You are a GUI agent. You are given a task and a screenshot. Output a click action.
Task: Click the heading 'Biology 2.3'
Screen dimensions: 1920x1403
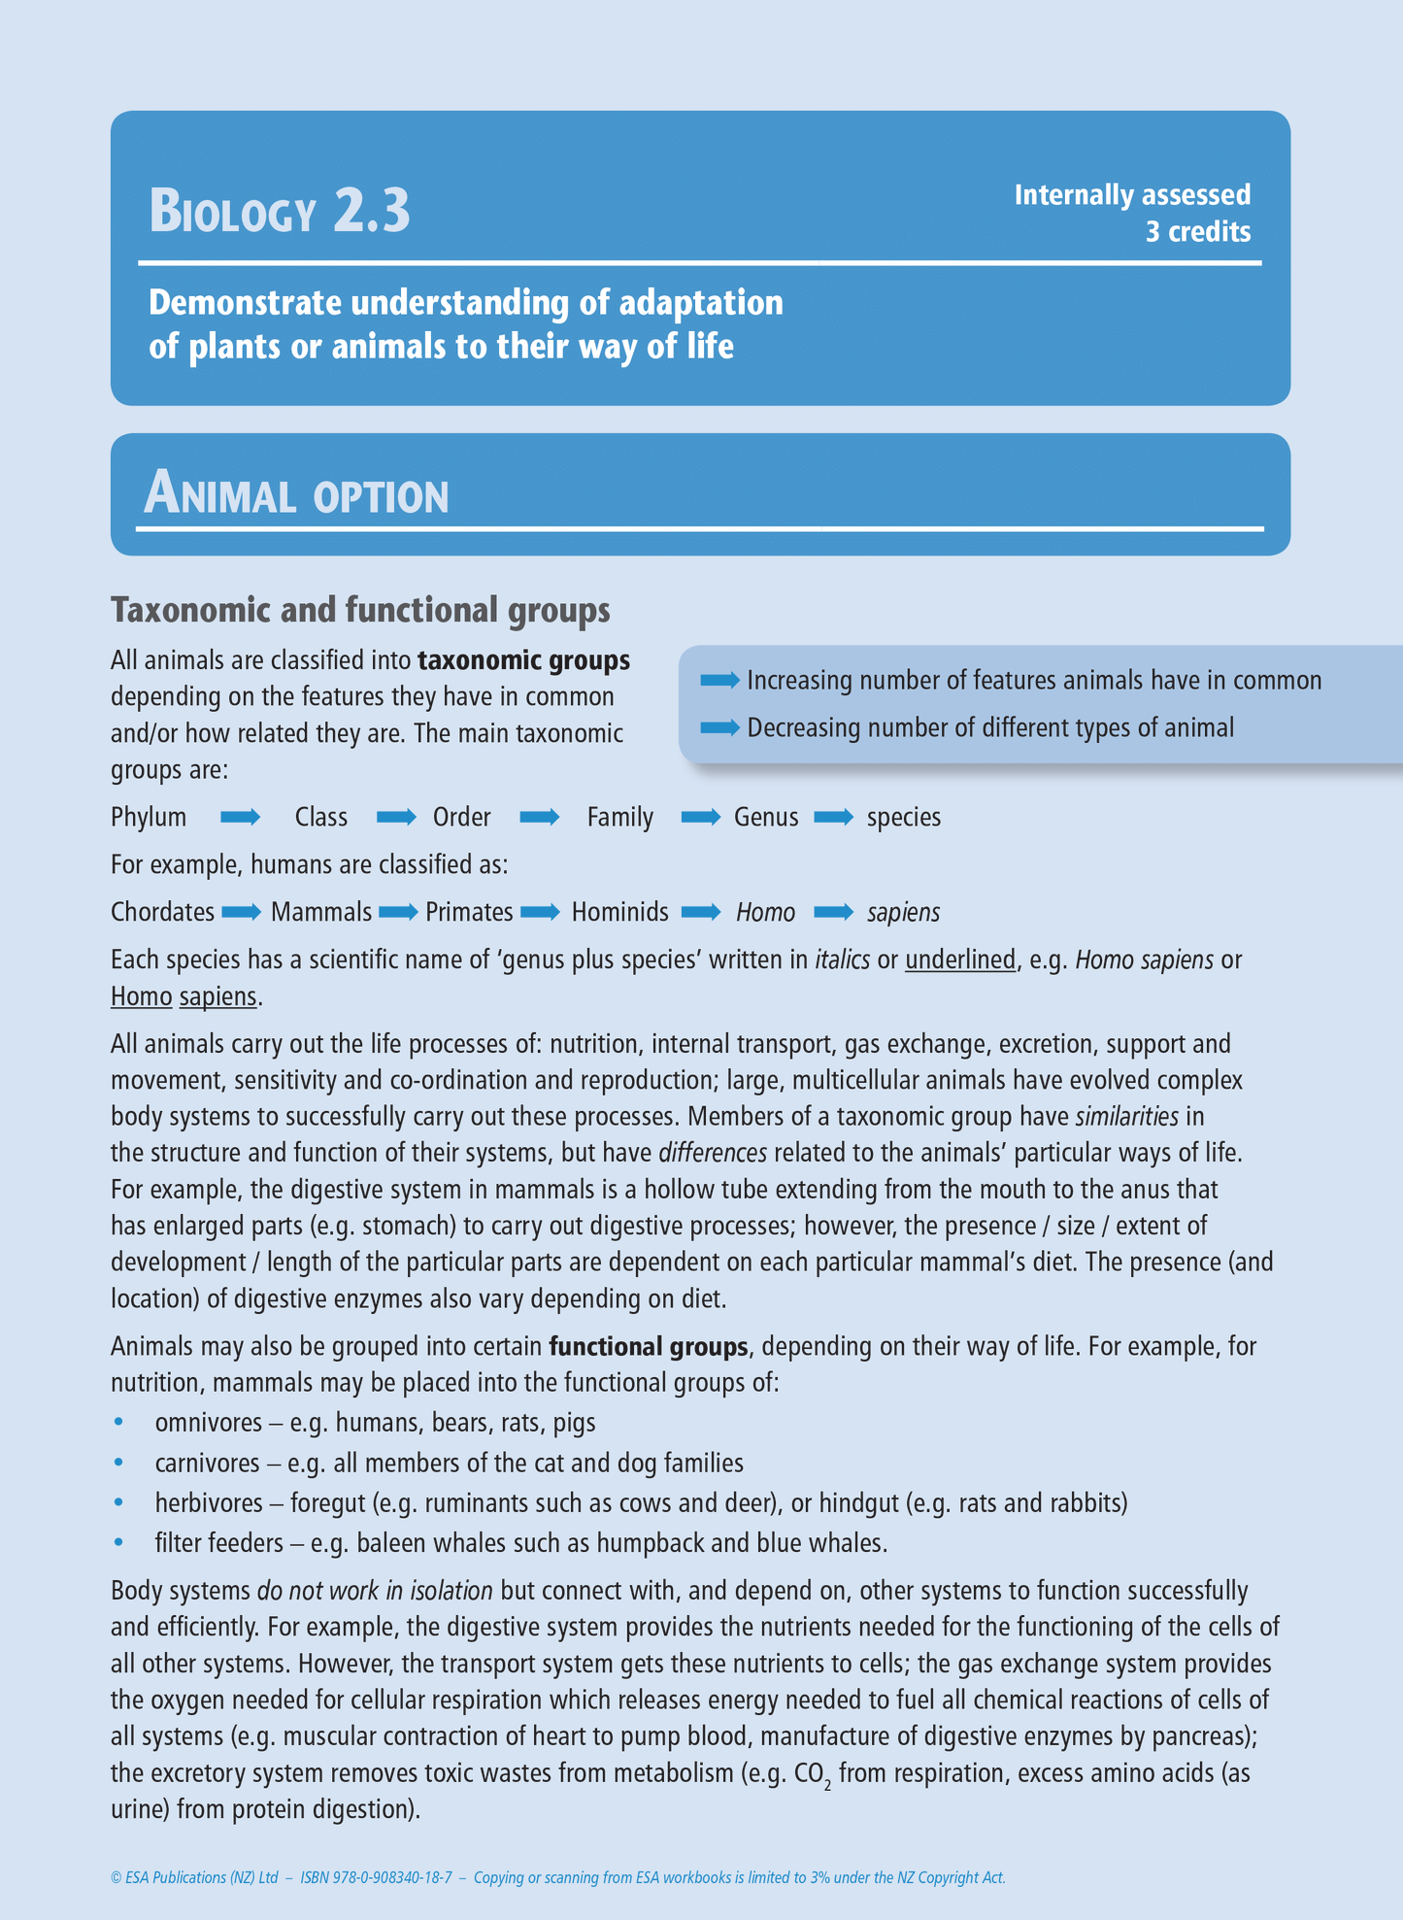(x=280, y=211)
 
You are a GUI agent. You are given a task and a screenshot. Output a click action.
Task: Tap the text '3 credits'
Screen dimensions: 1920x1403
(x=1197, y=232)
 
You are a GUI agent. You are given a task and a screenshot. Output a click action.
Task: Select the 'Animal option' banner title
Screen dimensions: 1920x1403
(x=296, y=494)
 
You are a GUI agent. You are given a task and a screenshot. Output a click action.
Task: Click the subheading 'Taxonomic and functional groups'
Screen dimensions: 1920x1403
(x=360, y=610)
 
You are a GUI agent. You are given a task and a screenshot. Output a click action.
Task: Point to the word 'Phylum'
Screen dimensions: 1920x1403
(x=149, y=817)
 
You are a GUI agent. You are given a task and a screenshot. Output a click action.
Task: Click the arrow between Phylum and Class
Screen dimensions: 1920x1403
(x=240, y=817)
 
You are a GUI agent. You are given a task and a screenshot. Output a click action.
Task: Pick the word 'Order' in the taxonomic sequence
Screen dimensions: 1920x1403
(x=461, y=817)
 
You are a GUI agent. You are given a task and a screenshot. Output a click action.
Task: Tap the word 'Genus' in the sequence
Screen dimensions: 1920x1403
(x=766, y=817)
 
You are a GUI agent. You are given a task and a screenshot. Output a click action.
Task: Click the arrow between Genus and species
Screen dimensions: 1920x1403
(x=833, y=817)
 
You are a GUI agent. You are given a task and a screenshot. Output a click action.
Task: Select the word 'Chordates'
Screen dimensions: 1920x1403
(x=162, y=912)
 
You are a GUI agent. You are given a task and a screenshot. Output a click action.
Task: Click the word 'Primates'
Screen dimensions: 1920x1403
(x=469, y=912)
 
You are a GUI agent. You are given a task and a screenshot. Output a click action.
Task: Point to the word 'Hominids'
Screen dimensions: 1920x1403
(x=619, y=912)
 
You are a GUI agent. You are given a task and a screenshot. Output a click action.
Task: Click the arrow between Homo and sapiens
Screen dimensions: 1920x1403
(x=833, y=912)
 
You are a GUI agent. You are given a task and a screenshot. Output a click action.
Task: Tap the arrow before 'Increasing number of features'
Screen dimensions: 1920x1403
(x=719, y=681)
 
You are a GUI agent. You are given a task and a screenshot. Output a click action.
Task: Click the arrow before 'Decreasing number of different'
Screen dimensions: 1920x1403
(x=719, y=727)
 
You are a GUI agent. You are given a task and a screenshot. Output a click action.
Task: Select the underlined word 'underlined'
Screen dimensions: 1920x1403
(x=959, y=960)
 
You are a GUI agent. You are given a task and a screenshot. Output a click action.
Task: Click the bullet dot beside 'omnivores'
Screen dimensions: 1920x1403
(x=119, y=1422)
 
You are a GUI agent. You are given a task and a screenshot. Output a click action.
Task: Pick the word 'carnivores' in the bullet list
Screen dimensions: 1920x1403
(x=207, y=1463)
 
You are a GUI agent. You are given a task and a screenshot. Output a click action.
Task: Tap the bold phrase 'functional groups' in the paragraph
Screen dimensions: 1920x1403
(x=648, y=1347)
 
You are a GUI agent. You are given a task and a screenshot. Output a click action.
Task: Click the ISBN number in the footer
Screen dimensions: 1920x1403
(x=377, y=1877)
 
